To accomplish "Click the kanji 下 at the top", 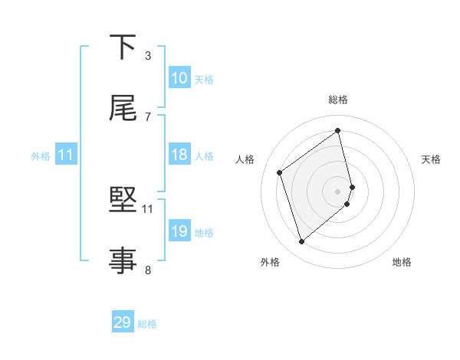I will [124, 47].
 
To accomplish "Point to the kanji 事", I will [124, 260].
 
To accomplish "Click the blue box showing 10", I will [179, 78].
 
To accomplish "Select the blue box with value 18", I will [179, 155].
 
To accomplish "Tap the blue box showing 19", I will [179, 231].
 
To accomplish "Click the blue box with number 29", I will [123, 322].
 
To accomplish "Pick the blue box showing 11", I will [66, 155].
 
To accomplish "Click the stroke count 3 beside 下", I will [148, 56].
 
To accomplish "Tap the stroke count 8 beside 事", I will [148, 269].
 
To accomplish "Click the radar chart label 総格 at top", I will [338, 100].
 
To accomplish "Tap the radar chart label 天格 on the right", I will [431, 159].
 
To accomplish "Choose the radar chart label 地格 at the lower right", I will [402, 263].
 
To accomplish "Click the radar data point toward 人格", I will [280, 172].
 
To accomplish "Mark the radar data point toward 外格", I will [301, 242].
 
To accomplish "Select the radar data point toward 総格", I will [338, 131].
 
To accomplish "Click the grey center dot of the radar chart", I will [338, 191].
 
